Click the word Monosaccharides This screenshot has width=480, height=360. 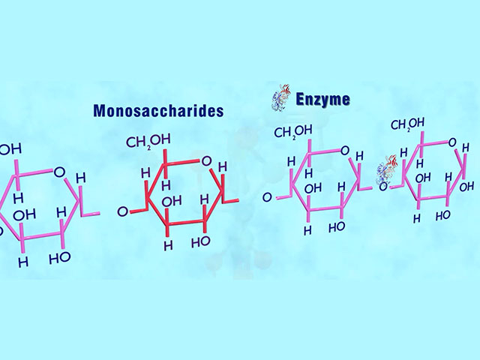[158, 111]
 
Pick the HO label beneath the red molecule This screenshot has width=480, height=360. [200, 242]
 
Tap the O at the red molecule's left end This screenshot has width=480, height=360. [122, 212]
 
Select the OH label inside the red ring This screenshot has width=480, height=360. [172, 200]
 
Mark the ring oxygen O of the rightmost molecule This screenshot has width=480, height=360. [453, 141]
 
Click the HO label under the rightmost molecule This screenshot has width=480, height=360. [442, 214]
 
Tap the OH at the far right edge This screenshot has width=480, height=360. [466, 186]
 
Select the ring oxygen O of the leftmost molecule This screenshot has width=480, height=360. [58, 172]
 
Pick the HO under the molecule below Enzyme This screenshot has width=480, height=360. [336, 225]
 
